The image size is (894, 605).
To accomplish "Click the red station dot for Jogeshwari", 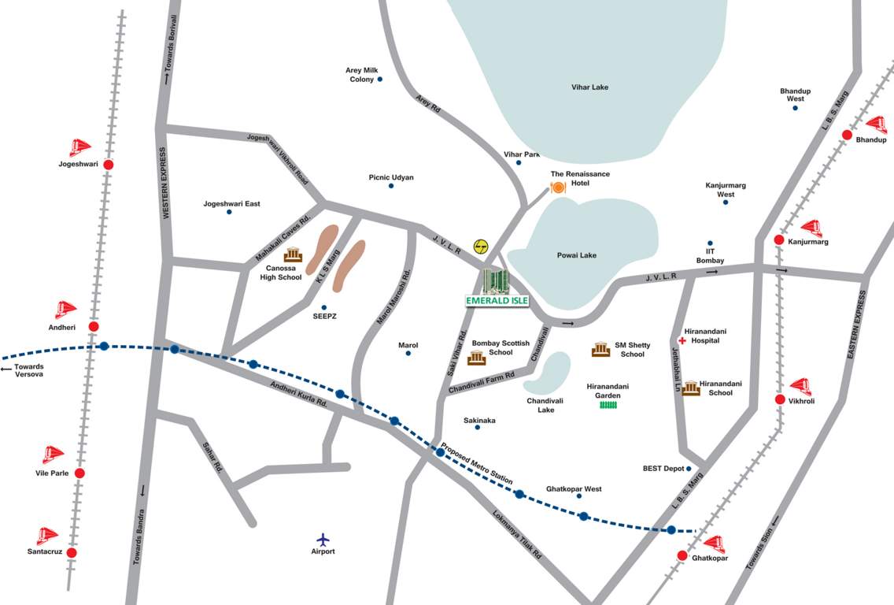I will click(109, 165).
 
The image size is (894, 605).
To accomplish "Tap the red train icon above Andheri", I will click(65, 309).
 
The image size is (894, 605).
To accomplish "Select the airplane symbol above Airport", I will click(323, 539).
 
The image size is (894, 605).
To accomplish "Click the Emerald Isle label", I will click(496, 300).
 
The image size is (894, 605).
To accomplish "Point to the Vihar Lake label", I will click(589, 87).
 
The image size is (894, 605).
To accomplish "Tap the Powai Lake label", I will click(577, 255).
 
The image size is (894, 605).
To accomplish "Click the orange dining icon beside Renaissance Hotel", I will click(558, 187).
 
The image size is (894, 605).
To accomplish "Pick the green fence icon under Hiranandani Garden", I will click(608, 405).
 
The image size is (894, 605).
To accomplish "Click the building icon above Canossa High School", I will click(293, 255).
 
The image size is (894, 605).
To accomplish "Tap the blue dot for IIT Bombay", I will click(710, 243).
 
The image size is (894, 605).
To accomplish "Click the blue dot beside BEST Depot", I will click(689, 469).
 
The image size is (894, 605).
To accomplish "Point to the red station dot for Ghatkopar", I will click(682, 555).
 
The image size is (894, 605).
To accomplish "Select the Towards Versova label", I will click(24, 370).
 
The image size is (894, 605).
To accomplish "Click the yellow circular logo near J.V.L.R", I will click(480, 247).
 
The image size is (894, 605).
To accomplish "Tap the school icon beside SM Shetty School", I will click(600, 349).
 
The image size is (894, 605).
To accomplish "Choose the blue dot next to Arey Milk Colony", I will click(379, 79).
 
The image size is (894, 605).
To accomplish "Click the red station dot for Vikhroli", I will click(780, 399).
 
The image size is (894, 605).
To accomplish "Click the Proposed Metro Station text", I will click(477, 464).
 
